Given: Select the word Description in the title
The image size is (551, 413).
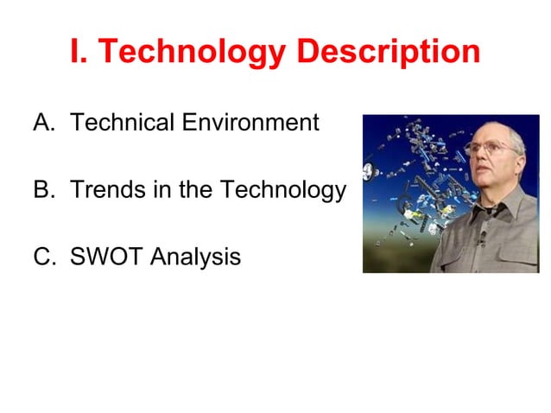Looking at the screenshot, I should pos(388,52).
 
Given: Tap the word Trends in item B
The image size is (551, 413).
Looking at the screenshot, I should pos(102,190).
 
